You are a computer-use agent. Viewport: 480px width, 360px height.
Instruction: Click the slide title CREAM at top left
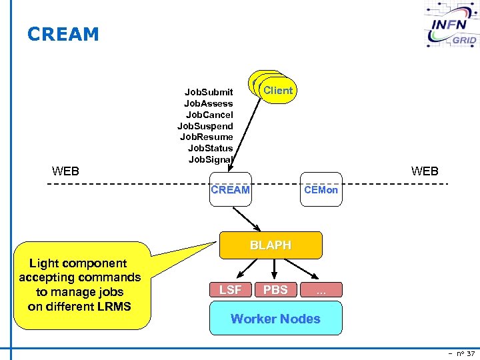(x=63, y=34)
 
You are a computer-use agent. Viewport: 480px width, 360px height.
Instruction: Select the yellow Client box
(x=277, y=90)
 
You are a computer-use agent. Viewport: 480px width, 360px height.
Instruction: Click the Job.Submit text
(x=209, y=92)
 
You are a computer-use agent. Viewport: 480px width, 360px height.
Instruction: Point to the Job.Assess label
(x=208, y=103)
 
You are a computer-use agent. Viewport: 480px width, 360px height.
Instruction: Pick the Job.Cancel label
(x=209, y=115)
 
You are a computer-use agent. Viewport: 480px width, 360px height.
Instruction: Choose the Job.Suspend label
(x=205, y=126)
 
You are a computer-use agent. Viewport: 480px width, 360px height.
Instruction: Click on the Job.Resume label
(x=206, y=137)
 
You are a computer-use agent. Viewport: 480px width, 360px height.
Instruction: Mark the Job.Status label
(x=210, y=148)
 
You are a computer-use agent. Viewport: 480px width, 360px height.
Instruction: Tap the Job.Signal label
(x=210, y=159)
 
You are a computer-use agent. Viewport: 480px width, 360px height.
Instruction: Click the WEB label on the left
(x=65, y=171)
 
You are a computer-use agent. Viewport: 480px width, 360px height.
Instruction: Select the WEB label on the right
(x=425, y=171)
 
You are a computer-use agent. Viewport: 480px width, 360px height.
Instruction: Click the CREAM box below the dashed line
(x=230, y=190)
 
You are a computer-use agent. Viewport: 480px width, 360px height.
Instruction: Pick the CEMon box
(x=321, y=190)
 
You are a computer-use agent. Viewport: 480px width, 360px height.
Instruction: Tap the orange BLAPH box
(x=270, y=245)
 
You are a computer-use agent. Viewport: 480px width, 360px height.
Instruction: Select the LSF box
(x=230, y=289)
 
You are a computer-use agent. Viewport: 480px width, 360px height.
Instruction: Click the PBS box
(x=275, y=289)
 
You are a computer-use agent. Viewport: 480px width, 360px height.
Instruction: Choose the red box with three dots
(x=321, y=289)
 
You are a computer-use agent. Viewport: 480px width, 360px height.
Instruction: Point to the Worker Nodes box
(x=275, y=318)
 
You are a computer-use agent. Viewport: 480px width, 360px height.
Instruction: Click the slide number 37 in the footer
(x=463, y=353)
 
